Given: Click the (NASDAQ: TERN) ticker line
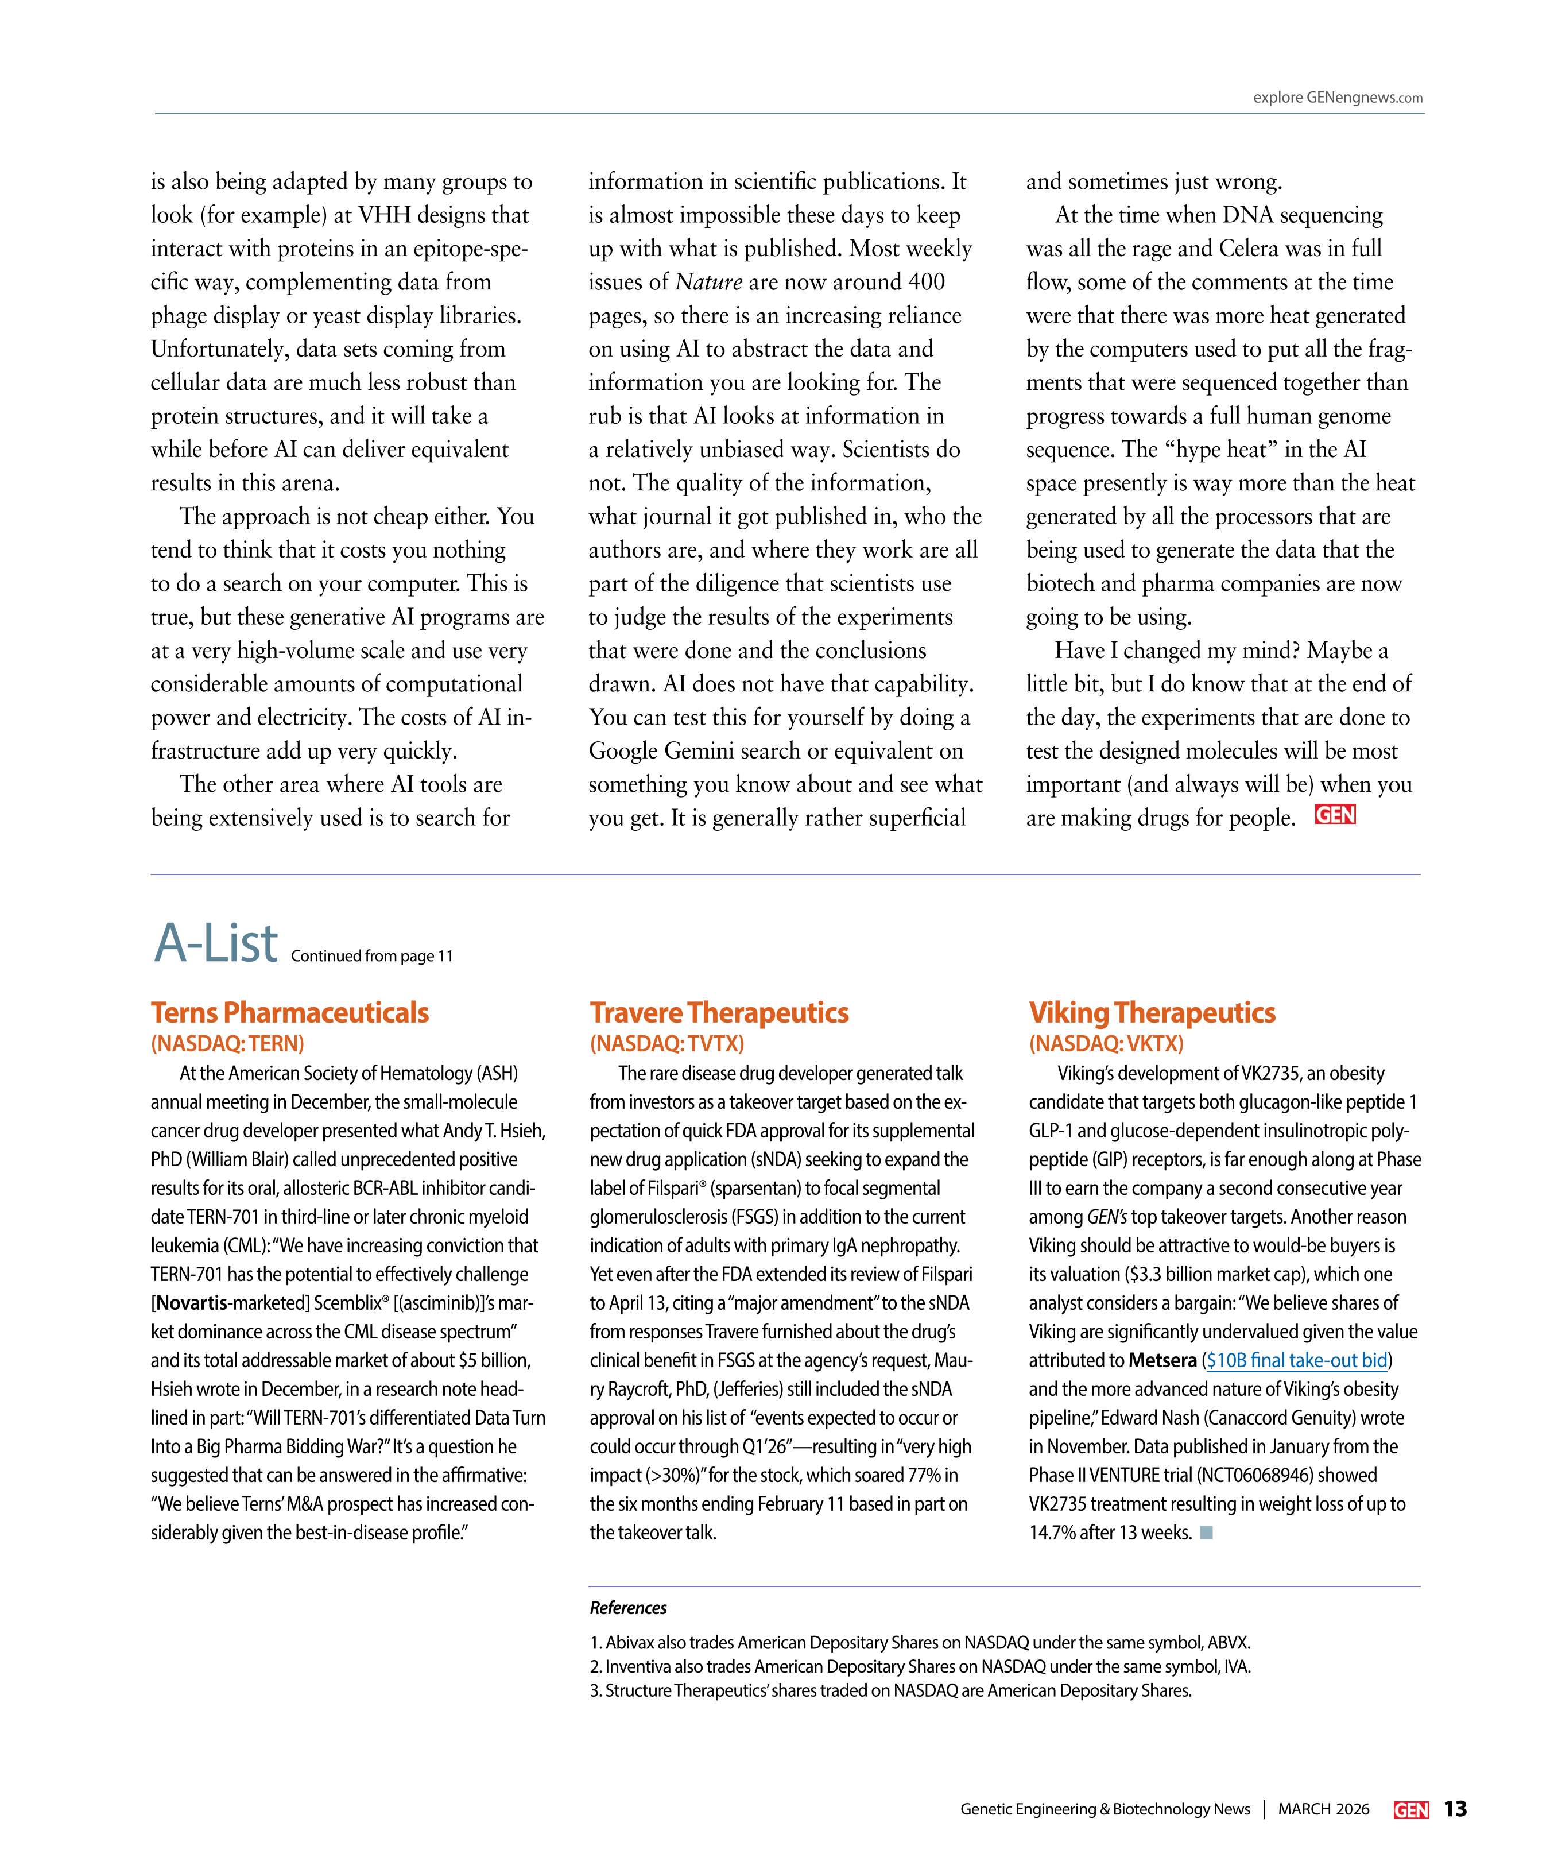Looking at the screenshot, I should click(227, 1043).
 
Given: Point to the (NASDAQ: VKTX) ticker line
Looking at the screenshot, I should click(1106, 1043).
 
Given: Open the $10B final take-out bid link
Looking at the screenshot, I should click(1297, 1360).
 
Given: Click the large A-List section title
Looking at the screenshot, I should click(216, 943).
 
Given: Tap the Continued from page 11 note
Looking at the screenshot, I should click(372, 956).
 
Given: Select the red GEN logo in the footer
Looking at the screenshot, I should click(1411, 1810).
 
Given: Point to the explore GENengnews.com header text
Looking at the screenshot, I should click(1337, 98).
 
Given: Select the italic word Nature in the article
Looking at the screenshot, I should click(708, 282).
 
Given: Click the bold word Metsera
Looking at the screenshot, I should click(1162, 1360).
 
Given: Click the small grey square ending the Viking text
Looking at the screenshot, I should click(1206, 1533).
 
